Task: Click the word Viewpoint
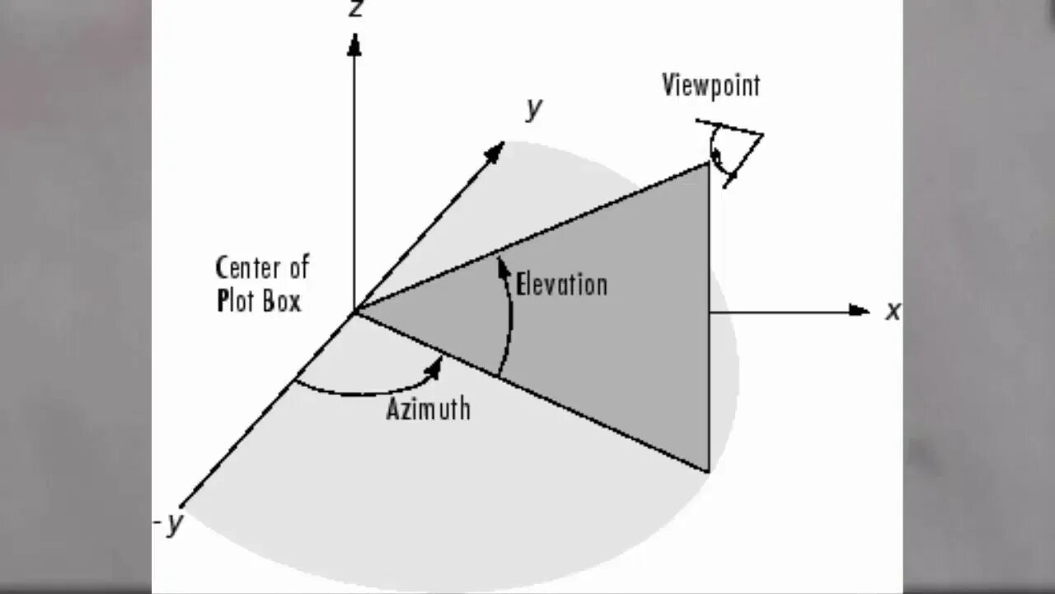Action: [x=710, y=85]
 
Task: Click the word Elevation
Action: [x=561, y=285]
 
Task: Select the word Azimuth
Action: [x=429, y=408]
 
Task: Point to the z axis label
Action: [x=356, y=8]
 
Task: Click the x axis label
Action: [x=893, y=311]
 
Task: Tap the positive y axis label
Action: [x=534, y=107]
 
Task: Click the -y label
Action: [x=169, y=524]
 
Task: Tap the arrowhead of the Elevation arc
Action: [x=501, y=266]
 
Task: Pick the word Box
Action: [x=282, y=301]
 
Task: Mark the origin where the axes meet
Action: [x=355, y=311]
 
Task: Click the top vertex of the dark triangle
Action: [x=708, y=163]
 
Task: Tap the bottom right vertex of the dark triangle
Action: [x=708, y=472]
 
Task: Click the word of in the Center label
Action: [x=298, y=268]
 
